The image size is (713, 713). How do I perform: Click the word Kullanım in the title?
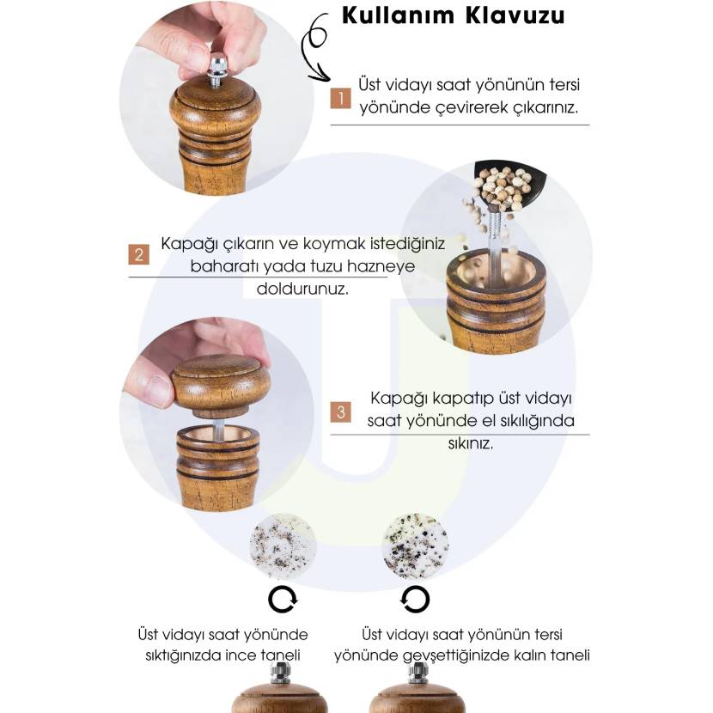398,15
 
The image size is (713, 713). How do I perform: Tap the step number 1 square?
340,98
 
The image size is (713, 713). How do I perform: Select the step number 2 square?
138,254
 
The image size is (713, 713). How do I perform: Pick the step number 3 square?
340,412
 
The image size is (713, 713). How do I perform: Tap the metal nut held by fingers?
217,64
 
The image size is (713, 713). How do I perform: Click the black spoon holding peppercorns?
509,185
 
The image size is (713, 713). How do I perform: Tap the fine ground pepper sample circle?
283,546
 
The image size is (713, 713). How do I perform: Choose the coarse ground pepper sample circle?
415,546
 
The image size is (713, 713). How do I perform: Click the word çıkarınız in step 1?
545,108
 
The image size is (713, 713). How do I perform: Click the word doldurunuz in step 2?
303,289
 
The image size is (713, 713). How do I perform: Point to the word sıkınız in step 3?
471,443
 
